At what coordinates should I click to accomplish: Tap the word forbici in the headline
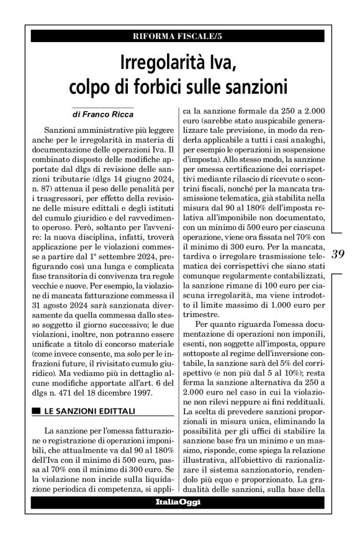pos(162,84)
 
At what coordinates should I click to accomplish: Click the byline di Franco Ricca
pos(103,115)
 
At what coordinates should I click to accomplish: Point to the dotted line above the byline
pos(103,107)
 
